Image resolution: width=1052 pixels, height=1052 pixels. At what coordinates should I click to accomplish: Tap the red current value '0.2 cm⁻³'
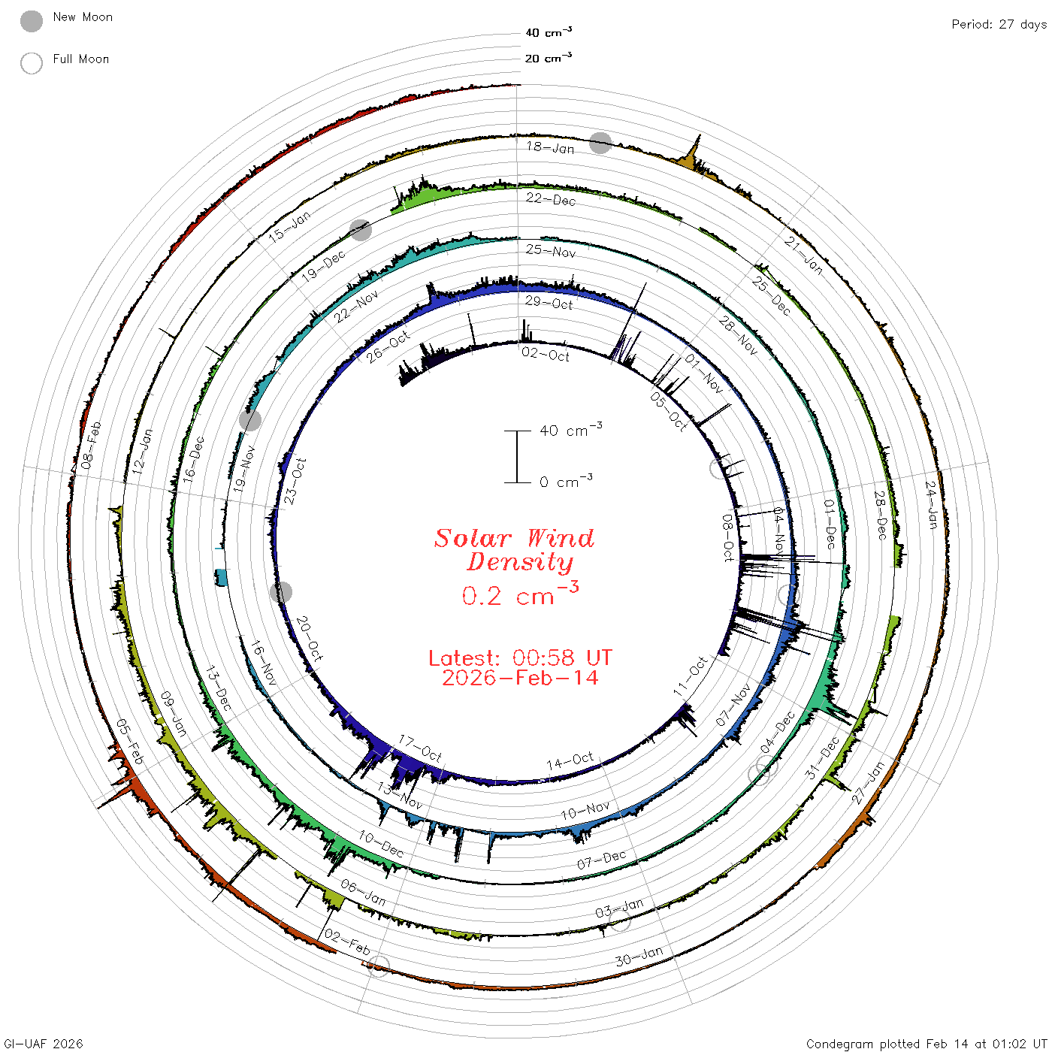(520, 594)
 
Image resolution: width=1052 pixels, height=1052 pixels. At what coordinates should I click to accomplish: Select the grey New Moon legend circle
(32, 21)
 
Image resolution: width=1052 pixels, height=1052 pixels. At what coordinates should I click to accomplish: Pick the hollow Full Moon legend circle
(32, 63)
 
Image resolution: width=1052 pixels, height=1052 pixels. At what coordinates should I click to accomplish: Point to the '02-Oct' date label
(546, 355)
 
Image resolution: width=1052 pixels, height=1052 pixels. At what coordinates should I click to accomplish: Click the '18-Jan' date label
(550, 147)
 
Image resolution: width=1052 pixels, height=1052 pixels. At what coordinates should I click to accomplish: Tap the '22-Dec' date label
(550, 199)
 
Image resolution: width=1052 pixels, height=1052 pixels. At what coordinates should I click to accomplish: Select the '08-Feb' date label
(91, 446)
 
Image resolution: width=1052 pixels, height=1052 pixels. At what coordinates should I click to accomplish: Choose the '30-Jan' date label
(639, 957)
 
